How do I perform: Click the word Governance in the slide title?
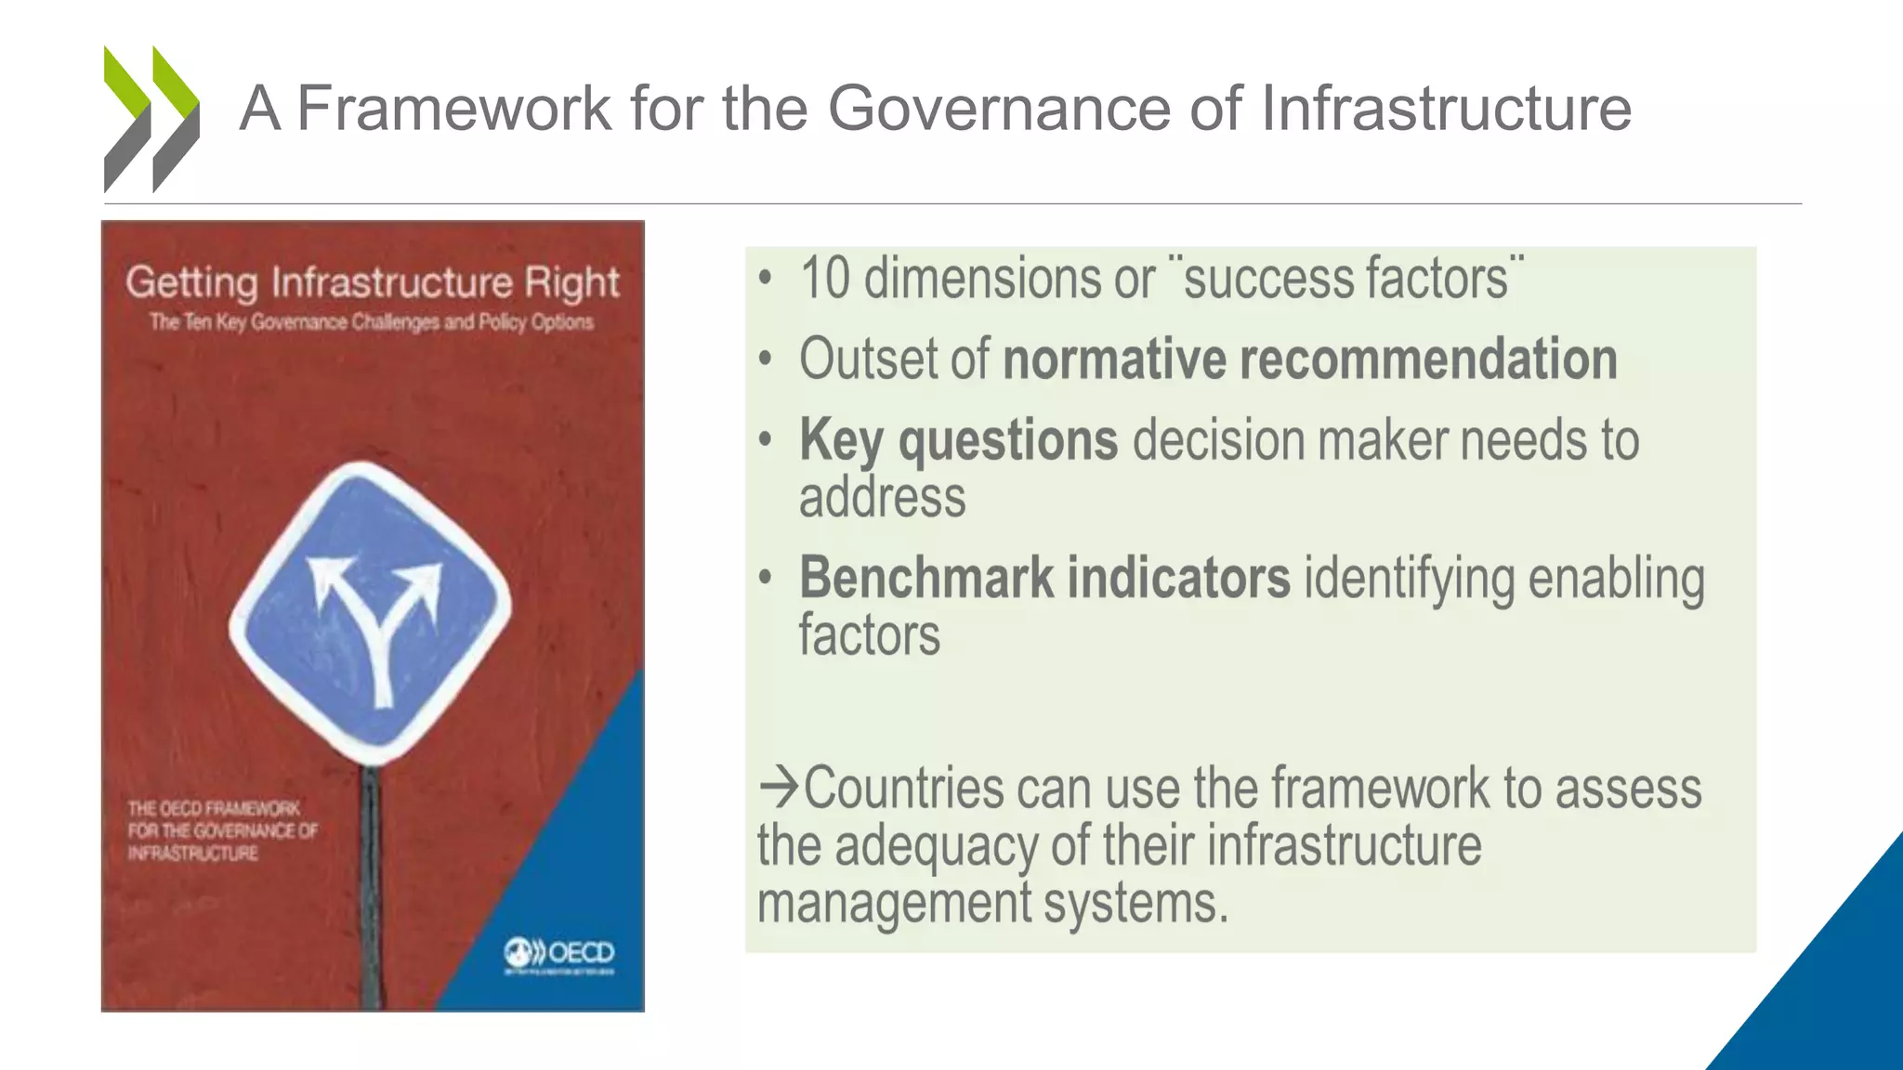click(x=999, y=108)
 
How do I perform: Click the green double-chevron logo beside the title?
click(x=151, y=119)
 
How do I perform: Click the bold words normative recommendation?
click(x=1310, y=359)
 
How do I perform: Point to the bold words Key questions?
click(x=958, y=439)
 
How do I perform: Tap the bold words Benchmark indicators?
click(x=1044, y=578)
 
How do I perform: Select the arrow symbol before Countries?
click(x=779, y=787)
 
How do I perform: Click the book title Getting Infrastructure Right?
click(x=373, y=281)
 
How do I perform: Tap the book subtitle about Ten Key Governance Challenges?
click(x=372, y=322)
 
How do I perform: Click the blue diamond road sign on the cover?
click(x=371, y=613)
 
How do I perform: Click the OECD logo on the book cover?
click(x=559, y=954)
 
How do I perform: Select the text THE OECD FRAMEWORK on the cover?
click(x=215, y=808)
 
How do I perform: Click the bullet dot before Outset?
click(x=765, y=359)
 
